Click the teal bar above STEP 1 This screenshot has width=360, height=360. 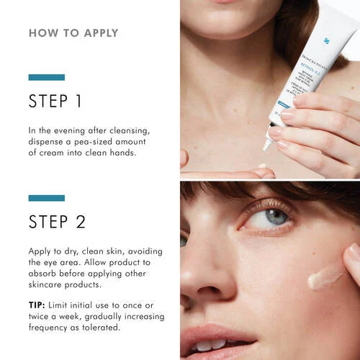pos(46,77)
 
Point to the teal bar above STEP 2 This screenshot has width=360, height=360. pos(46,197)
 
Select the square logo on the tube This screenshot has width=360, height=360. pos(346,42)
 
